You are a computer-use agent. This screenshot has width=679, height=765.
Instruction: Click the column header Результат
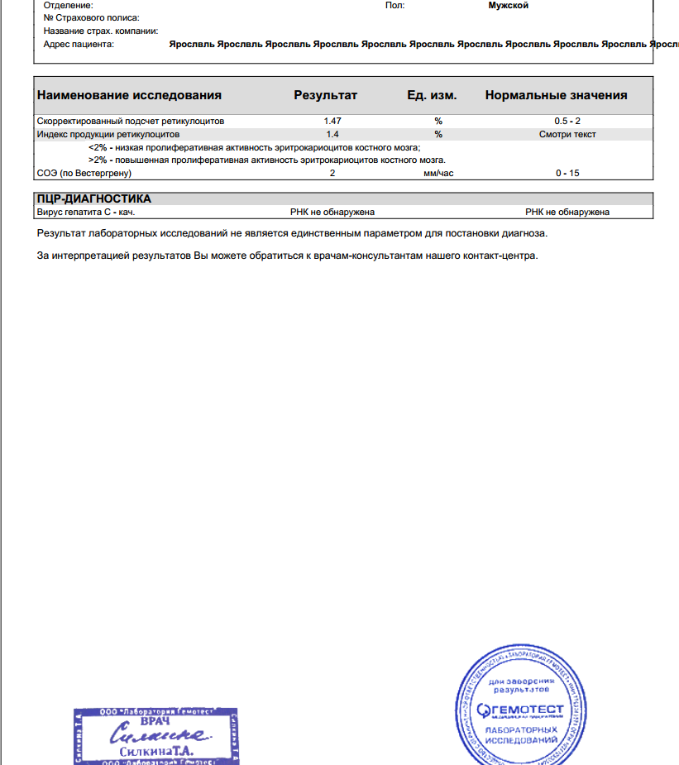pos(325,95)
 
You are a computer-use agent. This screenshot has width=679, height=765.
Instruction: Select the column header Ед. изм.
pos(432,95)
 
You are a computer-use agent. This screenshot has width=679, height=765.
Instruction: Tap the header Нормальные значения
pos(556,95)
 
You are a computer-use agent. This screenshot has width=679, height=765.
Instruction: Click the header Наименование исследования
pos(129,95)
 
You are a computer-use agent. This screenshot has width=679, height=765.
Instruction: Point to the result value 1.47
pos(332,121)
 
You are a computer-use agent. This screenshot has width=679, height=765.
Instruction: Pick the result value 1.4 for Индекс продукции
pos(332,134)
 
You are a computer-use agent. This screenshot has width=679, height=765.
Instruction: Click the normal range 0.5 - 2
pos(567,121)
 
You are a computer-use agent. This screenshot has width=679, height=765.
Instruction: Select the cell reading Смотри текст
pos(567,134)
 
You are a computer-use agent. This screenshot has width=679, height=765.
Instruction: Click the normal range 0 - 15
pos(567,173)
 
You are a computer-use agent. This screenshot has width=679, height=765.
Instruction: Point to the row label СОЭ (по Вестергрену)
pos(84,173)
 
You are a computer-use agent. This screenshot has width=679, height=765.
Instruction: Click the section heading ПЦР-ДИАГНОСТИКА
pos(94,198)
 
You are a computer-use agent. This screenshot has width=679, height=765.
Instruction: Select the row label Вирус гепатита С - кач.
pos(86,212)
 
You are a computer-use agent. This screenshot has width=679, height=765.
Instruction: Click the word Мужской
pos(509,5)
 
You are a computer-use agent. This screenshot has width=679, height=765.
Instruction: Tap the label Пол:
pos(394,5)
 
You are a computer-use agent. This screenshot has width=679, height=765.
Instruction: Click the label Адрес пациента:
pos(79,44)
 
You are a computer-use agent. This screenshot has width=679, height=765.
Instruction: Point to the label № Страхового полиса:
pos(91,17)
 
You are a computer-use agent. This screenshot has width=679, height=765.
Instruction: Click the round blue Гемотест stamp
pos(519,709)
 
